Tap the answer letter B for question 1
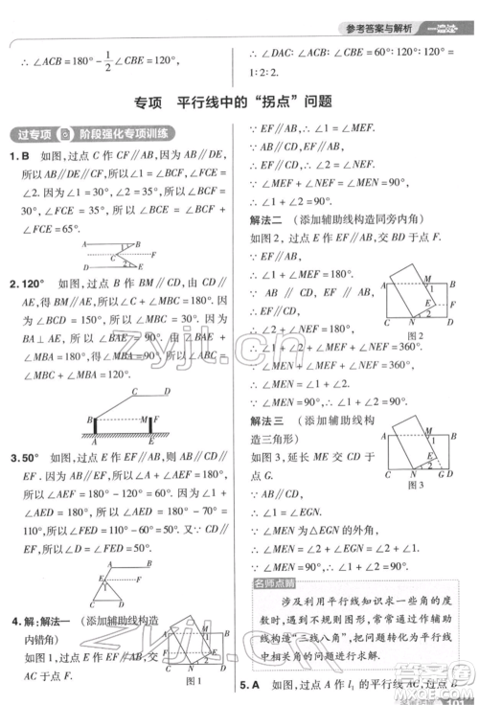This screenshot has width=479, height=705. [x=29, y=156]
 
